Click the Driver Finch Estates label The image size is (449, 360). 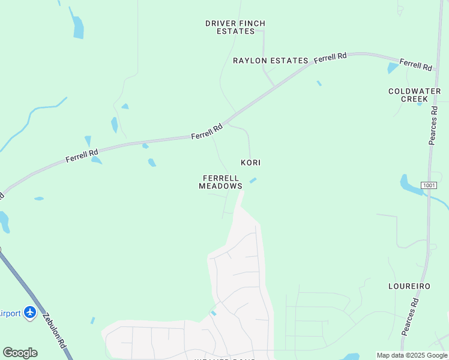click(235, 27)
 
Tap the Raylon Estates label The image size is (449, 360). click(270, 61)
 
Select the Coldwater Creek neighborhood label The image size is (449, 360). click(414, 95)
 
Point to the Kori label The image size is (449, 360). click(250, 163)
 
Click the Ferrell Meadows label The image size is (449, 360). click(221, 182)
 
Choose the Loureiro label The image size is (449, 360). click(409, 286)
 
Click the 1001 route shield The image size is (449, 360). click(429, 185)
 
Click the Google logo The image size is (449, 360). click(20, 353)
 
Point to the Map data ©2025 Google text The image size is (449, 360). click(412, 355)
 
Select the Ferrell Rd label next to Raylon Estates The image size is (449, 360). click(330, 58)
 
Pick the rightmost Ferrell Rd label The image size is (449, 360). click(415, 65)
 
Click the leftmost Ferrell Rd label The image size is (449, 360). click(82, 155)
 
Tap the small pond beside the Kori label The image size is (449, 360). click(253, 180)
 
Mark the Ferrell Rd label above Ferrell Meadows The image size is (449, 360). click(207, 131)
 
